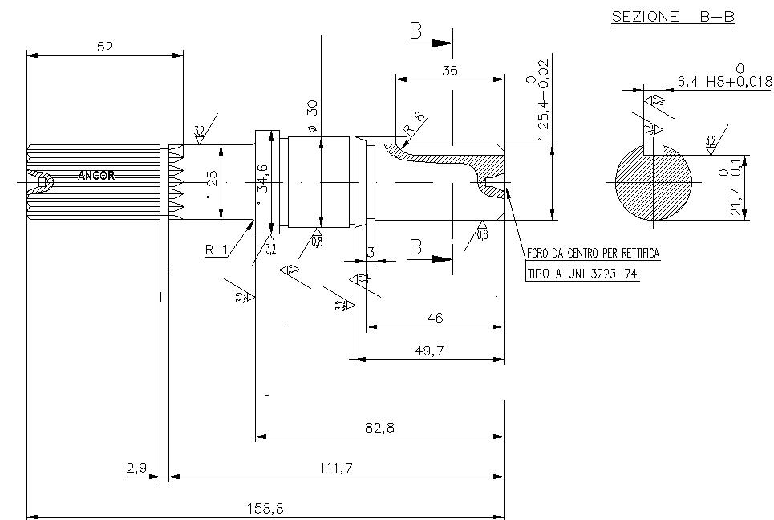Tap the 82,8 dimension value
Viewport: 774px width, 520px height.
click(379, 429)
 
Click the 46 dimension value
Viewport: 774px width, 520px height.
click(435, 318)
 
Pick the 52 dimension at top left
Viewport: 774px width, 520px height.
click(105, 47)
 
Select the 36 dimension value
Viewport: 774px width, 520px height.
click(449, 71)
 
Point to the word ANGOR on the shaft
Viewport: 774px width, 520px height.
click(96, 175)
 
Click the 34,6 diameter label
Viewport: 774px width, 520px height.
click(262, 179)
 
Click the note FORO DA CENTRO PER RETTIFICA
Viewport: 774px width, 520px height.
click(593, 254)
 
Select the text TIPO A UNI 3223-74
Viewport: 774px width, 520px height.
click(582, 274)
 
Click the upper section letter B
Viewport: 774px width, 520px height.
click(415, 31)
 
